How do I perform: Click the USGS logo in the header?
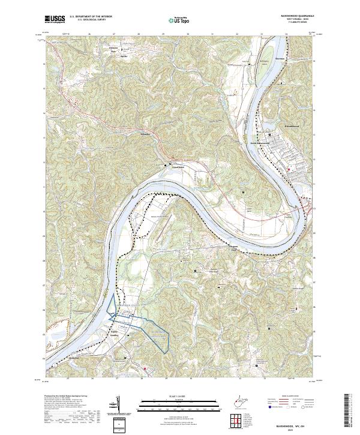click(x=54, y=20)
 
